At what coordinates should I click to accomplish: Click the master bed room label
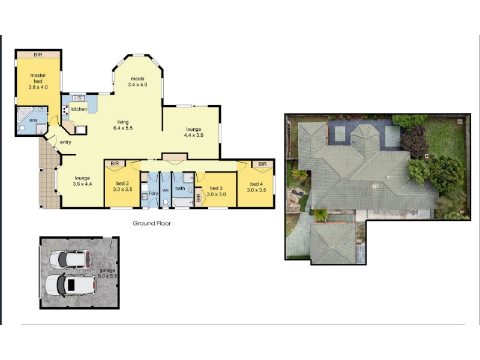38,78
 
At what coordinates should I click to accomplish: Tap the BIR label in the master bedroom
38,55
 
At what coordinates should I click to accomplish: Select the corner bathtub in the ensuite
24,114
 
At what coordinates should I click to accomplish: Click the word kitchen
79,109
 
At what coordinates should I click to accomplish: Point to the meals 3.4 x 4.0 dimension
137,85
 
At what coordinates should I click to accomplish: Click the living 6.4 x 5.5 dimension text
123,128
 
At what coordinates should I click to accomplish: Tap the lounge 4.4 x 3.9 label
193,132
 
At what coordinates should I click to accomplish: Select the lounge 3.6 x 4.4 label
82,181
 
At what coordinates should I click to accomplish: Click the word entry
65,142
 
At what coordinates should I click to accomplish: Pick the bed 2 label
122,184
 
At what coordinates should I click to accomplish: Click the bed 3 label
216,188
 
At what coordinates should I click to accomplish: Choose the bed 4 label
256,184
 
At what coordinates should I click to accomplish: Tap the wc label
166,190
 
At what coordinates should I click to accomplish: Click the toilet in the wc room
166,203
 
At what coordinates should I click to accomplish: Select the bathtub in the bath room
183,203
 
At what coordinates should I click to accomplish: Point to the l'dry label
154,193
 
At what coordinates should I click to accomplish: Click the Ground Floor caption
152,223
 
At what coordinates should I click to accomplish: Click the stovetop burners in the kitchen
65,110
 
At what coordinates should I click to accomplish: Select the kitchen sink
79,98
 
